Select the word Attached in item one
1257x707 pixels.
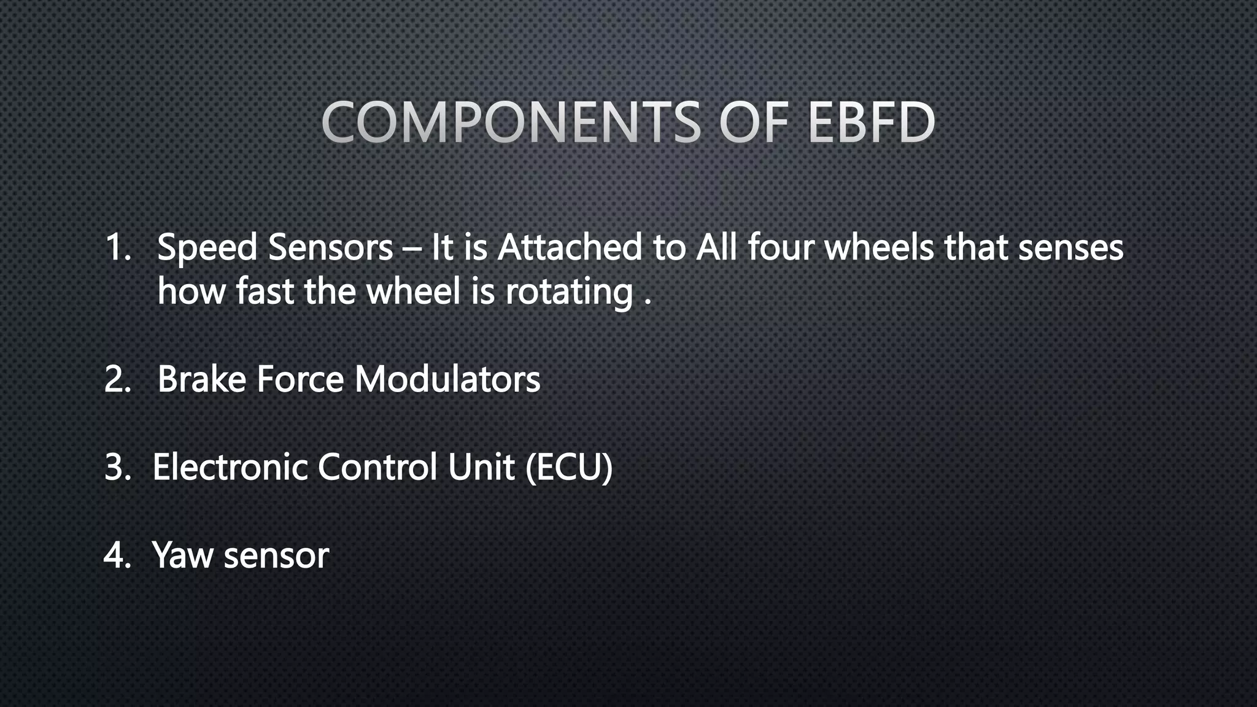(569, 248)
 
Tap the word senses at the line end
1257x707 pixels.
(1070, 248)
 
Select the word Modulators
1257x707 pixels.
(447, 379)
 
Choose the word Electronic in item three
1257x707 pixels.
(230, 467)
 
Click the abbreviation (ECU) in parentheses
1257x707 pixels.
(569, 467)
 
